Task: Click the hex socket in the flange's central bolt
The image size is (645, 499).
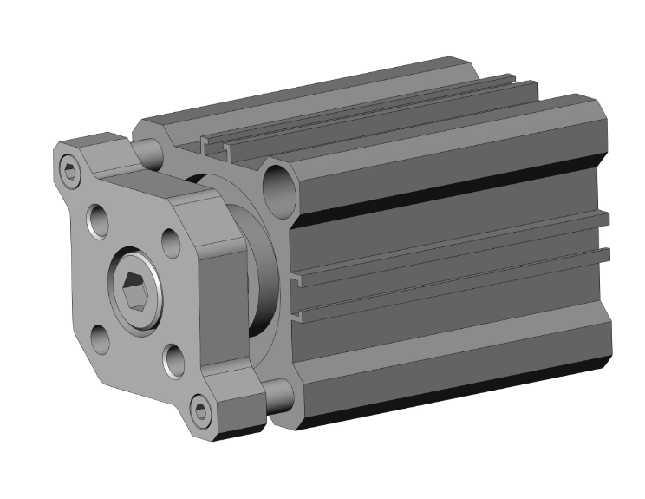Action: tap(135, 292)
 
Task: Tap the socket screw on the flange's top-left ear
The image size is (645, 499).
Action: tap(69, 171)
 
